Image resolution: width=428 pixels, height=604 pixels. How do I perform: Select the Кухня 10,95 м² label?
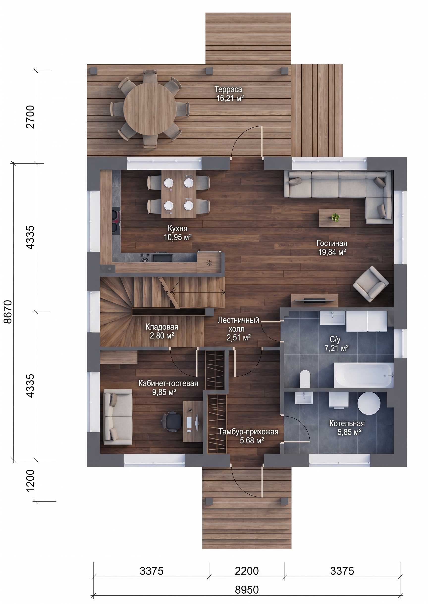177,233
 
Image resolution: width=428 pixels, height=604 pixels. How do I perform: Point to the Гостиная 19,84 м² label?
332,247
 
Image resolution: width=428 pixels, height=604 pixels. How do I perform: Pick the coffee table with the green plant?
334,218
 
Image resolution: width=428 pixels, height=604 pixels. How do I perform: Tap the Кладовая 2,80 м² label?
162,331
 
